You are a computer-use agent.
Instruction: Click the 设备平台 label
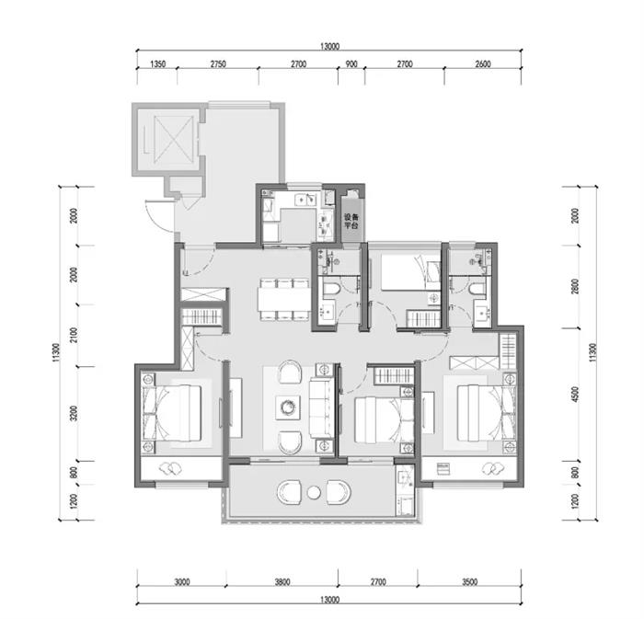pos(351,222)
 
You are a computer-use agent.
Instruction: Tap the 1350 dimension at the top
pos(157,64)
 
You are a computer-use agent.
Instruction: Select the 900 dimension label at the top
pos(351,64)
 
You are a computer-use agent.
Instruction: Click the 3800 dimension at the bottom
pos(282,581)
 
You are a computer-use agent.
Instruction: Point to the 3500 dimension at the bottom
pos(470,581)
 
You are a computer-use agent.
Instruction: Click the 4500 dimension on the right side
pos(575,394)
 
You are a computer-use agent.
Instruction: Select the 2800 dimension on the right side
pos(575,287)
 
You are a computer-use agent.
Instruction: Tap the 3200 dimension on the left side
pos(74,413)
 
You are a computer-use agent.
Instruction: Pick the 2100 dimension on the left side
pos(74,336)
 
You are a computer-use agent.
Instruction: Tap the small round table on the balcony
pos(314,492)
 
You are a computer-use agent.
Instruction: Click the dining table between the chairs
pos(283,299)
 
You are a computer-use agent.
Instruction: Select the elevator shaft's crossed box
pos(173,139)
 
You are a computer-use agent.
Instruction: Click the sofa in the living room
pos(320,407)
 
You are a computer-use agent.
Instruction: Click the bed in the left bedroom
pos(173,413)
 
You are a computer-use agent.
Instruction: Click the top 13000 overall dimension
pos(329,46)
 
